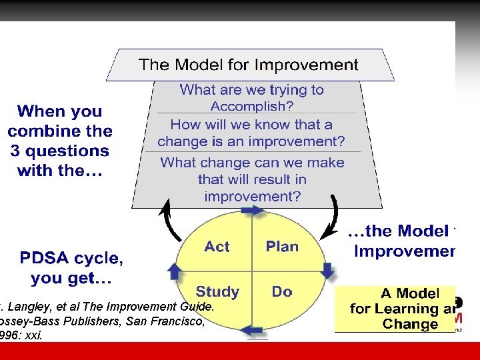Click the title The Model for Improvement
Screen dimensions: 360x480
(248, 65)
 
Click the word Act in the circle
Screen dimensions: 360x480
(217, 247)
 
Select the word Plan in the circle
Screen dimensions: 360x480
(282, 247)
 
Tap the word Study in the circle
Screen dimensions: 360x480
(217, 291)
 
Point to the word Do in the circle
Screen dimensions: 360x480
(282, 291)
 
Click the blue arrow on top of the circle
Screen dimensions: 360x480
(252, 210)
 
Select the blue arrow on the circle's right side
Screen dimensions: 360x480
(327, 270)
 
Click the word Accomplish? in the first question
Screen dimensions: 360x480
(252, 106)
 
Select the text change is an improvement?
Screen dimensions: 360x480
(251, 141)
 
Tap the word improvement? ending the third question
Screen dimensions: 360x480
(252, 196)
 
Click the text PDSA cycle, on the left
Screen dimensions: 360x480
(71, 257)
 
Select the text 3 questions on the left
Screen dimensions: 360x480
(59, 151)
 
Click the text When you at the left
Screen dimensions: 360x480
(59, 111)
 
